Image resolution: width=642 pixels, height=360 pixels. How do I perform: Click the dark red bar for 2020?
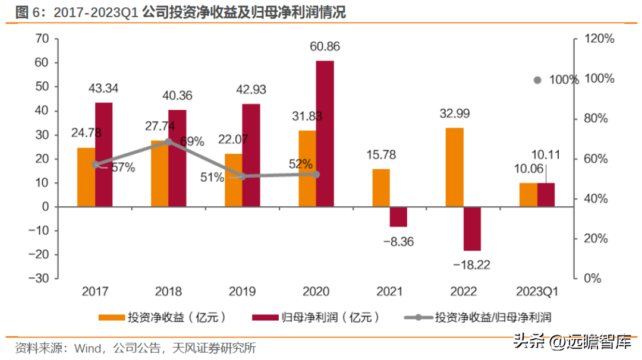click(325, 134)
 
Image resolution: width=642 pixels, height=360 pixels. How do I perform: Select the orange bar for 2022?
click(455, 167)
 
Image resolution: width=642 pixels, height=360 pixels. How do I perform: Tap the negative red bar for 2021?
click(398, 217)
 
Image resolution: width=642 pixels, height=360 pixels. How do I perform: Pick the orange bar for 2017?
click(86, 177)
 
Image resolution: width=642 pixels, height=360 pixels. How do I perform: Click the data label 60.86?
click(324, 46)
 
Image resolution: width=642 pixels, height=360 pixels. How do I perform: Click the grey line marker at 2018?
click(168, 141)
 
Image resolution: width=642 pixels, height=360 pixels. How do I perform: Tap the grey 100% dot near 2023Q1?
click(537, 80)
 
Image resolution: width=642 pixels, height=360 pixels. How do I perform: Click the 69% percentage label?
click(192, 141)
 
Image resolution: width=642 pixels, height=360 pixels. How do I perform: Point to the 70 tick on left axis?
click(42, 39)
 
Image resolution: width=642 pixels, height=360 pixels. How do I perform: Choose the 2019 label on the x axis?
click(242, 292)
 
